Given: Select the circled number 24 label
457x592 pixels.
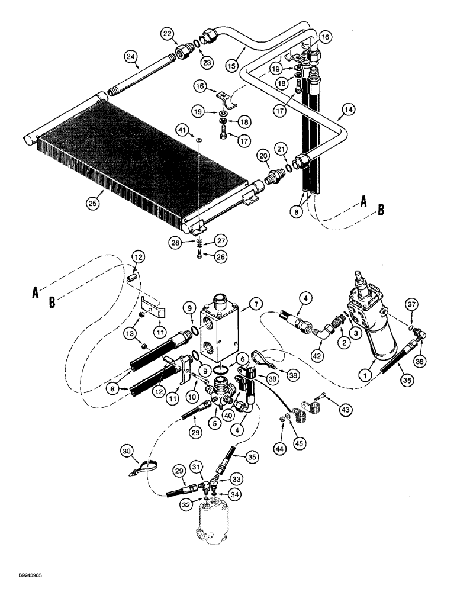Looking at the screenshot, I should click(130, 57).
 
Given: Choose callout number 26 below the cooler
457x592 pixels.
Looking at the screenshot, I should click(204, 257).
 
